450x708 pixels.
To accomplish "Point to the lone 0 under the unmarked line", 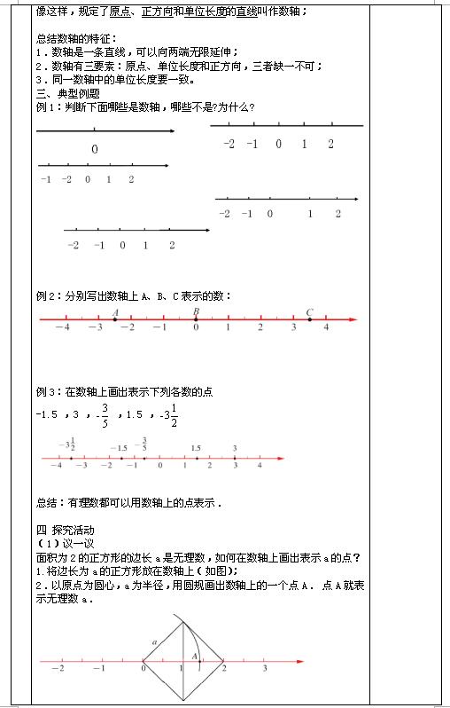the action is point(94,149).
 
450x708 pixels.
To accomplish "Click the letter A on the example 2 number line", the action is point(115,312).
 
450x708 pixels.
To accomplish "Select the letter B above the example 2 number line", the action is point(195,311).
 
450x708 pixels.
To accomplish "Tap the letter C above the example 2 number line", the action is point(309,311).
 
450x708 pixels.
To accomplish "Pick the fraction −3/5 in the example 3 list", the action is point(103,413).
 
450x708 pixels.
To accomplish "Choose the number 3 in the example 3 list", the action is point(76,414).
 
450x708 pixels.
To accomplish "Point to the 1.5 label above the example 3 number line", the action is point(196,448).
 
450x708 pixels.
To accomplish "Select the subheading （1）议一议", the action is point(58,544).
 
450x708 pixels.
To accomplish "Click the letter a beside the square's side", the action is point(154,640).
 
